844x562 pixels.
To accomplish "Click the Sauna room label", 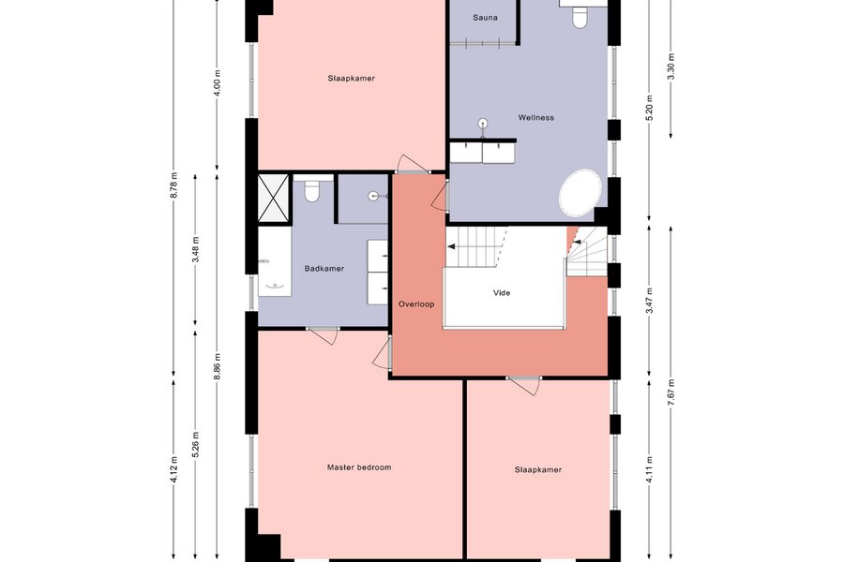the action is pyautogui.click(x=485, y=18).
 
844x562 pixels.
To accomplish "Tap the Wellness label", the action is pyautogui.click(x=536, y=117).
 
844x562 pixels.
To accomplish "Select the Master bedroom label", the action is pyautogui.click(x=359, y=467).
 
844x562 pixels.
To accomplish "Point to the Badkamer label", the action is pyautogui.click(x=324, y=269).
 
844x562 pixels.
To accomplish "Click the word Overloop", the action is pyautogui.click(x=416, y=303).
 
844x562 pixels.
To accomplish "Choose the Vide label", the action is pyautogui.click(x=502, y=293).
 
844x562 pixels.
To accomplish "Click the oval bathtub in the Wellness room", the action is pyautogui.click(x=580, y=193).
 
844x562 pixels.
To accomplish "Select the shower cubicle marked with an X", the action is pyautogui.click(x=274, y=198).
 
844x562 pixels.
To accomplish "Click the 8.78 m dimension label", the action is pyautogui.click(x=173, y=185).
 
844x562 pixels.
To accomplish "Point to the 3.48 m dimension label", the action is pyautogui.click(x=195, y=249).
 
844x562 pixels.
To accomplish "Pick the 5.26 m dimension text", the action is pyautogui.click(x=195, y=445).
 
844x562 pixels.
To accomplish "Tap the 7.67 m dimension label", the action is pyautogui.click(x=671, y=392).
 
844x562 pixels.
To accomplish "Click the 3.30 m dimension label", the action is pyautogui.click(x=671, y=67).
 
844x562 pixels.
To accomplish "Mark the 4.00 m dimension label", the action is pyautogui.click(x=217, y=83).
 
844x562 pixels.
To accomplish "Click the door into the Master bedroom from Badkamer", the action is pyautogui.click(x=323, y=334).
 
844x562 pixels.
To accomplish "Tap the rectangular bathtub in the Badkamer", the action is pyautogui.click(x=275, y=261).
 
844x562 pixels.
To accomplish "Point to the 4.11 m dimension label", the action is pyautogui.click(x=649, y=469).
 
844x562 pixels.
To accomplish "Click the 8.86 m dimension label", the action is pyautogui.click(x=217, y=366).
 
